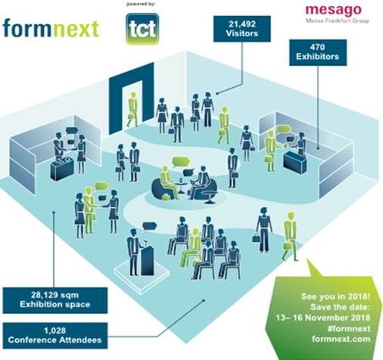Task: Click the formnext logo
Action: tap(51, 29)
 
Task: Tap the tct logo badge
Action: tap(142, 29)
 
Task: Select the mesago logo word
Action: tap(333, 10)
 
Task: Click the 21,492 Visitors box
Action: tap(242, 29)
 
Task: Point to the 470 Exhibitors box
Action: tap(318, 52)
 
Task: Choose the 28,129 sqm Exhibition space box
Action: tap(55, 300)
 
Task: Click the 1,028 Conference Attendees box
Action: tap(55, 336)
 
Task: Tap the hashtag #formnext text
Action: tap(349, 328)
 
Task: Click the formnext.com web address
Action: tap(341, 339)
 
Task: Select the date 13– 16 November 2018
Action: tap(322, 318)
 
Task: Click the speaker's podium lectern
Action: tap(147, 259)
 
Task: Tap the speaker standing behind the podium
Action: tap(132, 252)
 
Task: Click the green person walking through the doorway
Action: tap(132, 110)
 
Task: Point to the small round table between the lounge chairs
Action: tap(181, 186)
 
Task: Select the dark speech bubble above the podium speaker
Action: tap(150, 225)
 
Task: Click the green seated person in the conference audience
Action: tap(190, 248)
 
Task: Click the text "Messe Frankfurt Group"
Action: tap(337, 20)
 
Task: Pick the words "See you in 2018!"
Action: tap(336, 296)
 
